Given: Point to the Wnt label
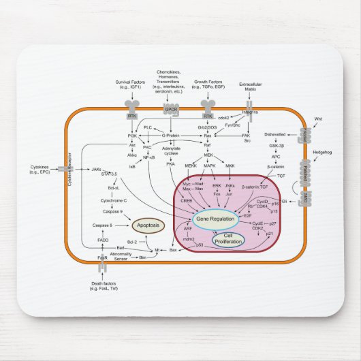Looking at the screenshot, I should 317,119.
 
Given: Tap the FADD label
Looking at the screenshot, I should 104,240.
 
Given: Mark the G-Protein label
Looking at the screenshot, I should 174,135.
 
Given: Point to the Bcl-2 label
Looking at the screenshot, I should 133,242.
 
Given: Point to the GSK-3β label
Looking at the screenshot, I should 277,145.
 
